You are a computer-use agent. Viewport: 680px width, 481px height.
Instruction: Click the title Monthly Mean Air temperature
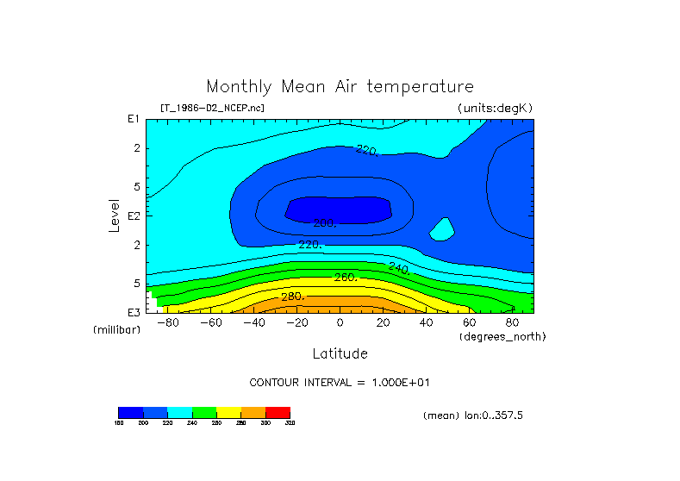click(340, 87)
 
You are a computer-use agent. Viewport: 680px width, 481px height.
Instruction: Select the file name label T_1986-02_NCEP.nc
click(212, 108)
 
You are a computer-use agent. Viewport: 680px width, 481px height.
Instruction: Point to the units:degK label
click(496, 108)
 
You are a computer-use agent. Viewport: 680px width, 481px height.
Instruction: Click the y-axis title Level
click(114, 216)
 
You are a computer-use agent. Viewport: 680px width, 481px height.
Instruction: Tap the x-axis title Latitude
click(340, 353)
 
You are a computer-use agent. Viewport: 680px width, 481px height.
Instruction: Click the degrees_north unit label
click(502, 335)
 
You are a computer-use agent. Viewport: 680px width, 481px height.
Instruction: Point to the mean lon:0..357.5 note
click(473, 415)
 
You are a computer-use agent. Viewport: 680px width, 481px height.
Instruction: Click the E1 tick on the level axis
click(134, 119)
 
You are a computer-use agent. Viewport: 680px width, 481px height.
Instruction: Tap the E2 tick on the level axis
click(134, 216)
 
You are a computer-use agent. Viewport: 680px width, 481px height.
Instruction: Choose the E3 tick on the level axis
click(134, 312)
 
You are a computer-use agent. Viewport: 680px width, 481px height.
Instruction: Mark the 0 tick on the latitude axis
click(340, 322)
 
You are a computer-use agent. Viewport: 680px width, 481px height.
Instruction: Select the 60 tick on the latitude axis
click(470, 322)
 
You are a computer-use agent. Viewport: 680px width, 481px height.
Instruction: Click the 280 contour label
click(293, 297)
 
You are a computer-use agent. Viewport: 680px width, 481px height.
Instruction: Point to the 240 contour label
click(398, 268)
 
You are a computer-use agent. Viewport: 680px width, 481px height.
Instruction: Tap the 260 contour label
click(346, 278)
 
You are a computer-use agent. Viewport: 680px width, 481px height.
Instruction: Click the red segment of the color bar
click(278, 412)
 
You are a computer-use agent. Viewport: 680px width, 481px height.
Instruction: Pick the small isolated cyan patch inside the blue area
click(441, 228)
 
